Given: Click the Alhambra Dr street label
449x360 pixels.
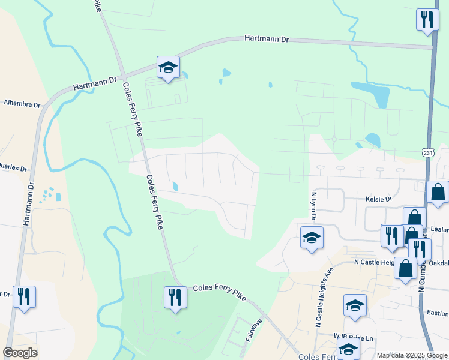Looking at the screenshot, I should point(22,104).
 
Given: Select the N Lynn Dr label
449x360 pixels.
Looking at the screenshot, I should point(313,206).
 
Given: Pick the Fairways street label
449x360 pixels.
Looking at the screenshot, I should point(253,330).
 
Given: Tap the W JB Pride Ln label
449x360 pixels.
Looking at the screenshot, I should point(354,338).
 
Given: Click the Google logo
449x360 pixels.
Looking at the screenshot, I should point(20,353).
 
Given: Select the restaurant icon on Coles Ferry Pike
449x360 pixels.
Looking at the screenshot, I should point(175,297).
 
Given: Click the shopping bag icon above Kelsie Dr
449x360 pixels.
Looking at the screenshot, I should point(438,192).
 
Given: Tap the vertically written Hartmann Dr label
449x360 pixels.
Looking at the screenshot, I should point(28,198).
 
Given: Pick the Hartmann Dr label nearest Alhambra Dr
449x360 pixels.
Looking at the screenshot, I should point(95,83).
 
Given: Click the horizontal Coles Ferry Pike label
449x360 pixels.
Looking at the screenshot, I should point(220,289).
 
